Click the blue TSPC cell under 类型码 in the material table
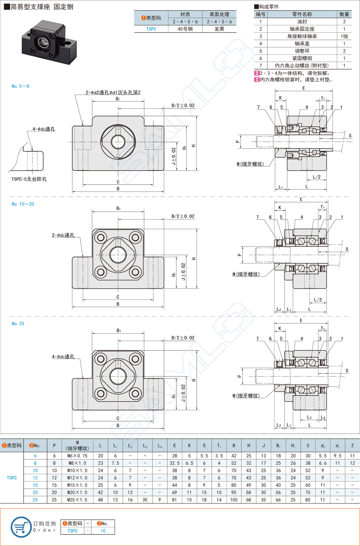[151, 29]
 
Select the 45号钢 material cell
[185, 29]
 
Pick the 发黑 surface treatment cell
[219, 29]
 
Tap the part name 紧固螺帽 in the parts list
[302, 58]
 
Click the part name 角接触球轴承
[302, 36]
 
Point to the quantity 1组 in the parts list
[344, 36]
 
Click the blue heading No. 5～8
[20, 86]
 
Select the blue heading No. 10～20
[23, 204]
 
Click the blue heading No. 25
[18, 324]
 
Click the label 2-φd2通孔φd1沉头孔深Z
[113, 93]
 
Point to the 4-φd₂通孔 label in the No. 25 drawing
[63, 357]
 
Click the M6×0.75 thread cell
[78, 456]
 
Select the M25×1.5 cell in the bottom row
[78, 500]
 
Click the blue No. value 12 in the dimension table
[35, 478]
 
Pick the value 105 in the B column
[234, 500]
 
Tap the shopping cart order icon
[21, 527]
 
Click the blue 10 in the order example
[103, 531]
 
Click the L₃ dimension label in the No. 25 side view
[309, 417]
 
